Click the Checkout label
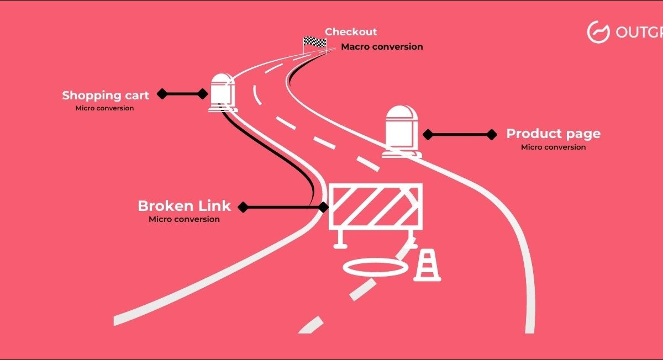pos(351,32)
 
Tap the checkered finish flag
pos(311,42)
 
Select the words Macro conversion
pos(382,47)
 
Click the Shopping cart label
pos(106,96)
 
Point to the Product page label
pos(553,134)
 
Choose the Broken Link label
pos(184,207)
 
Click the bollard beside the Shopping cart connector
pos(223,92)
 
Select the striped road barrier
pos(376,207)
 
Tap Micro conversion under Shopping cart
pos(104,108)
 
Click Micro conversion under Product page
pos(553,147)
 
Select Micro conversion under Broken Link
pos(184,219)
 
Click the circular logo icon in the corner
pos(598,32)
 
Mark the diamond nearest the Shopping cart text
pos(161,94)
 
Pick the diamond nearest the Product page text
pos(491,134)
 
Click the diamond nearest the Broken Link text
pos(242,207)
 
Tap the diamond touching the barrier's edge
pos(323,207)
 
